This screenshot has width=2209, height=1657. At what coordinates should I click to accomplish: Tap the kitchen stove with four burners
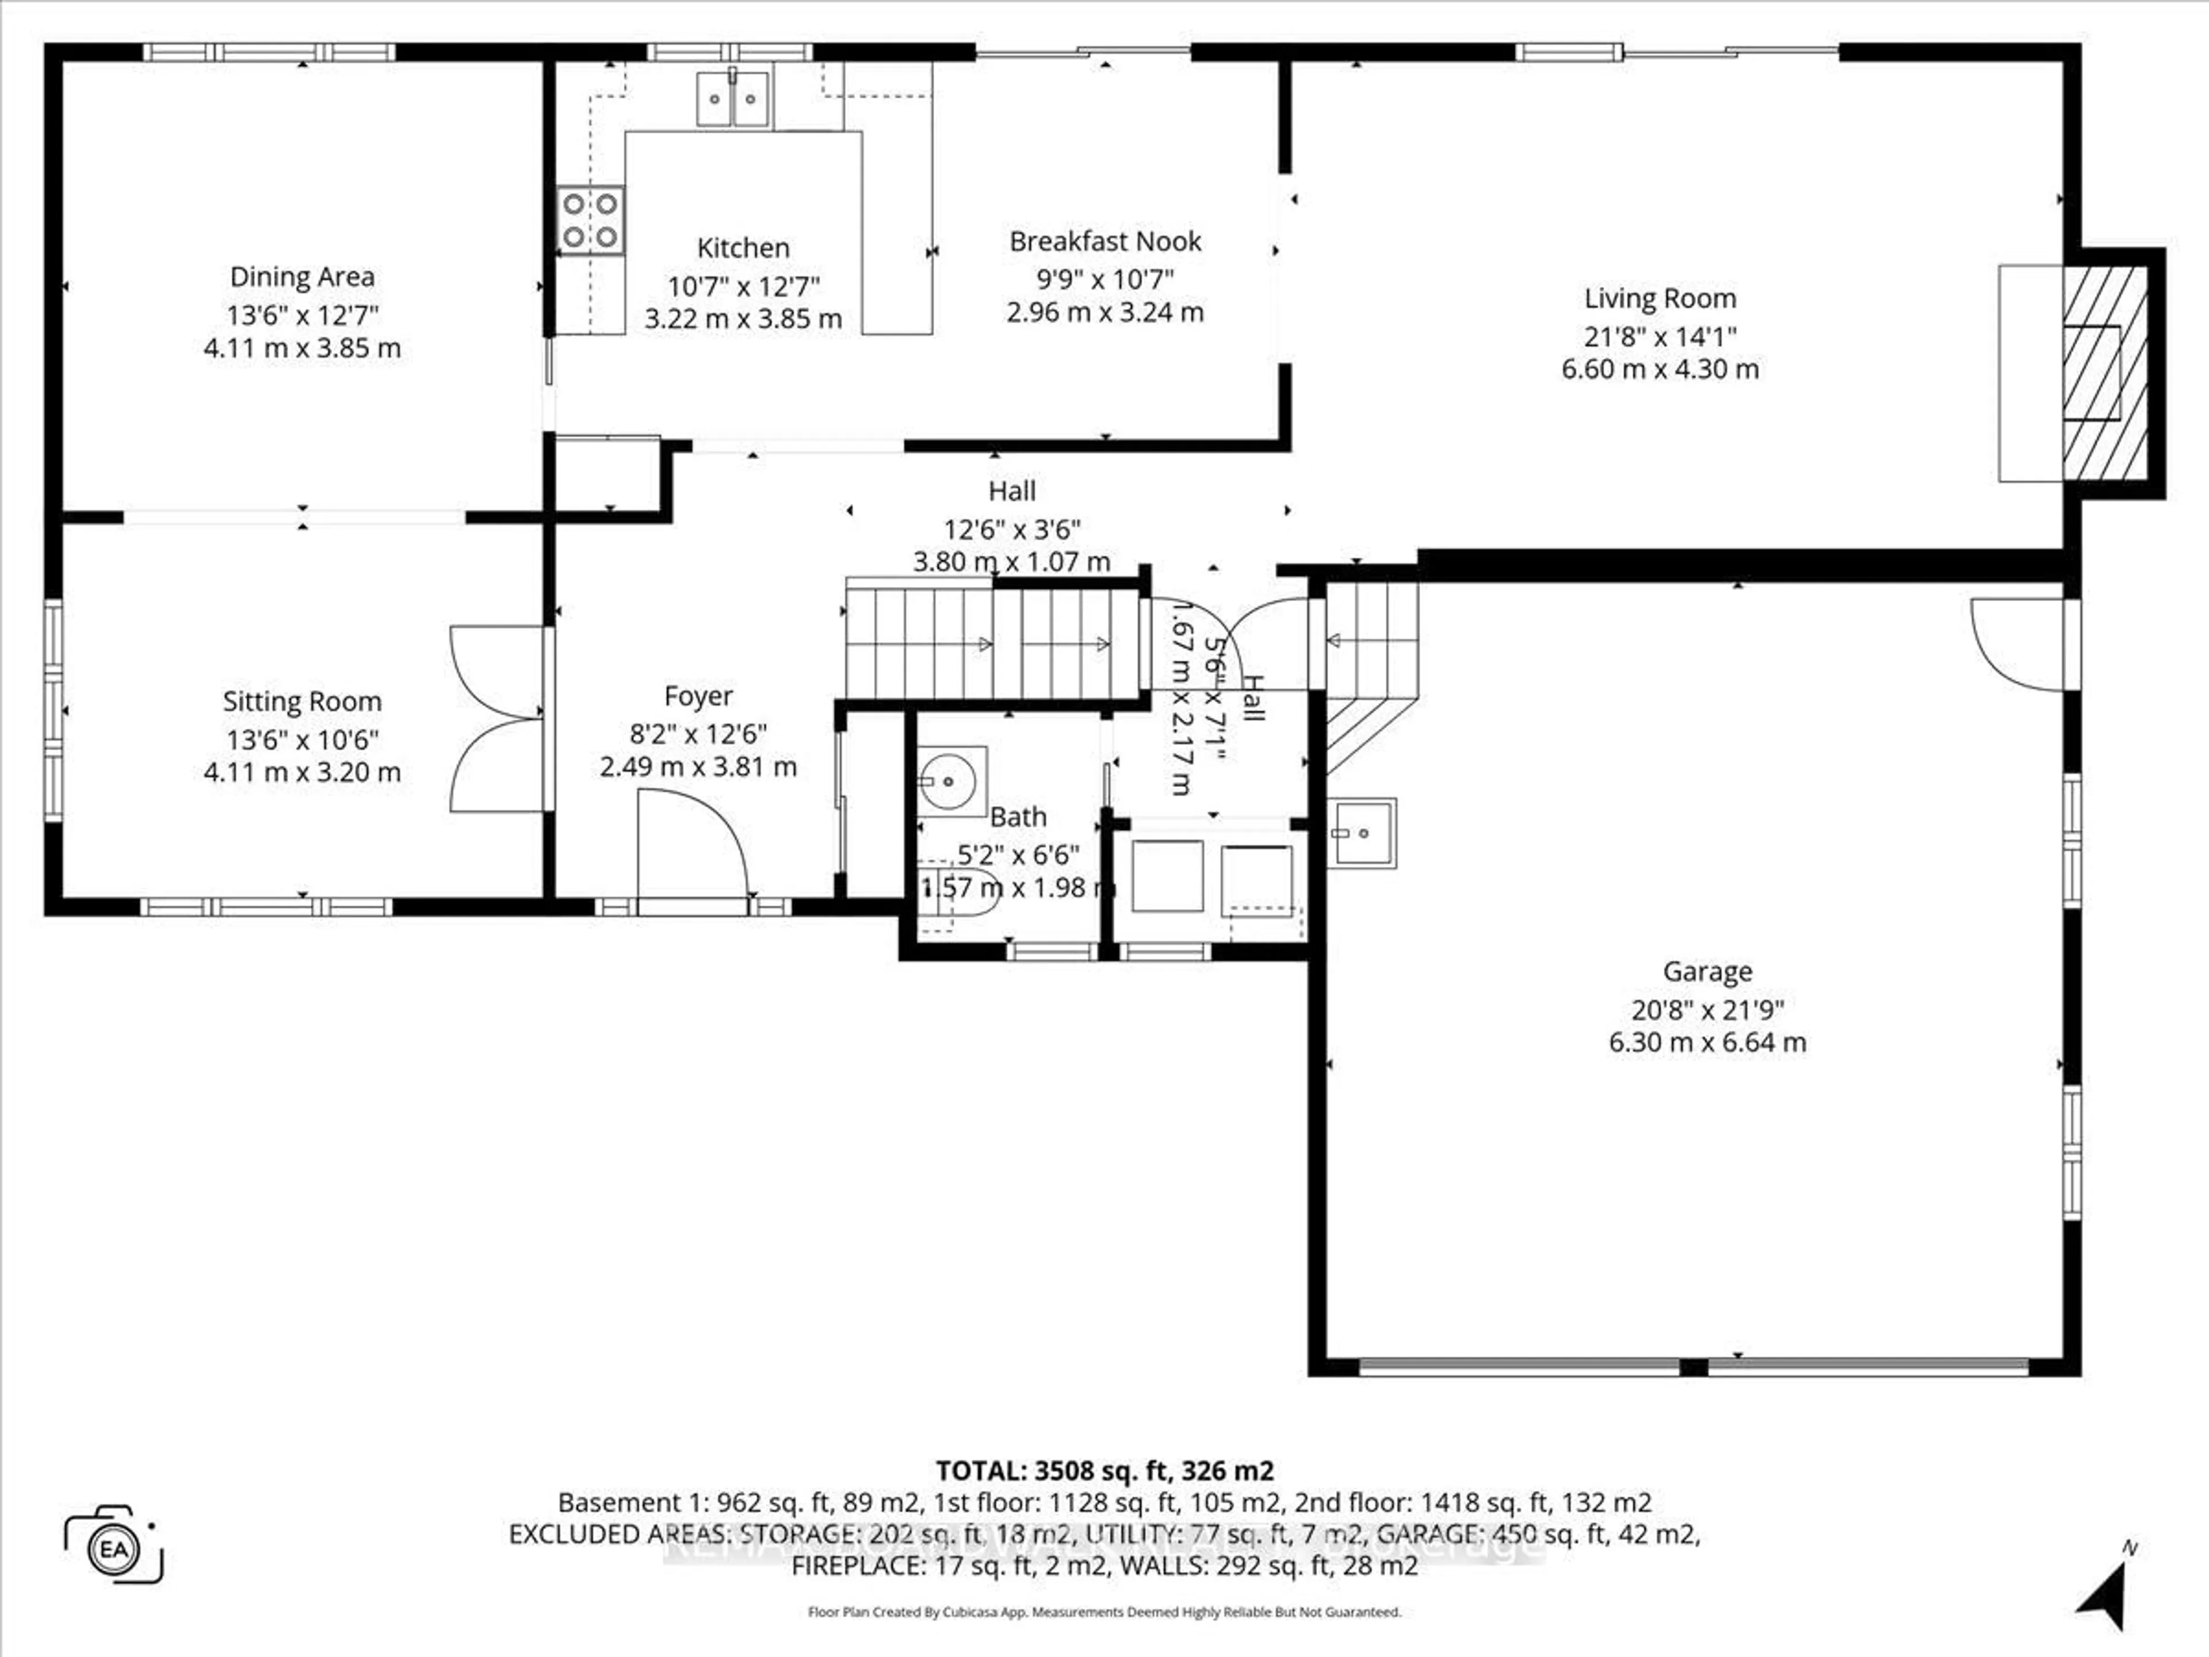point(590,220)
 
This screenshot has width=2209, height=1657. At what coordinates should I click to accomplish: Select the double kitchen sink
point(733,99)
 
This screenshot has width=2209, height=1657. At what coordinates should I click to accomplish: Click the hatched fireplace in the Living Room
point(2105,387)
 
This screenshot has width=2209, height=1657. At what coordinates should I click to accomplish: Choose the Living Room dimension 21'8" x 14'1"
point(1660,337)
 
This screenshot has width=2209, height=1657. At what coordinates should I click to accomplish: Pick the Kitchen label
point(743,248)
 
